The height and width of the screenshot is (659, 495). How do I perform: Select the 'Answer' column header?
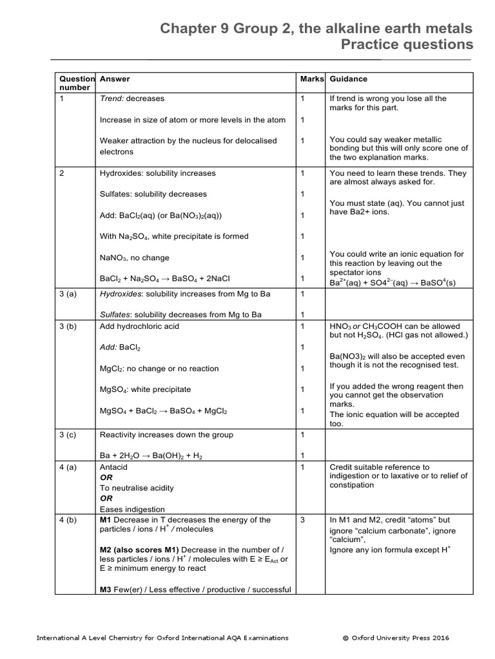pyautogui.click(x=115, y=79)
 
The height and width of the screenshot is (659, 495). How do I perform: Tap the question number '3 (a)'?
pyautogui.click(x=68, y=294)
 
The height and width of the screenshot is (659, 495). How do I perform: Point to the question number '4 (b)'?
pyautogui.click(x=68, y=519)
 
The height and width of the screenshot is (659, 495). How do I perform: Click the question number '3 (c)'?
pyautogui.click(x=68, y=434)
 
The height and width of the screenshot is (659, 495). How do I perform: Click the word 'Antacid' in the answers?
pyautogui.click(x=114, y=467)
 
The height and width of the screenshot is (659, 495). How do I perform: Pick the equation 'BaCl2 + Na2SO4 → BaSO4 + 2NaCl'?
pyautogui.click(x=165, y=279)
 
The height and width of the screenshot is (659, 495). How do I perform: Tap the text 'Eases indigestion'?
pyautogui.click(x=132, y=509)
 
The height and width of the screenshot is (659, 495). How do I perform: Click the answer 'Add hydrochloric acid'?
pyautogui.click(x=139, y=326)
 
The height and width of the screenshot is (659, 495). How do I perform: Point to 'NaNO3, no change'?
pyautogui.click(x=135, y=257)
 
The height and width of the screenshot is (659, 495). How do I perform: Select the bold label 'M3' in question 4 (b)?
pyautogui.click(x=106, y=589)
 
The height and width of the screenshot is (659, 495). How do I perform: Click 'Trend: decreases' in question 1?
pyautogui.click(x=132, y=98)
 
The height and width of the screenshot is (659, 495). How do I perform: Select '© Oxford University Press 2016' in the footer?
pyautogui.click(x=396, y=638)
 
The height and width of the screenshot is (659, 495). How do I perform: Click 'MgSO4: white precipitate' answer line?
pyautogui.click(x=145, y=389)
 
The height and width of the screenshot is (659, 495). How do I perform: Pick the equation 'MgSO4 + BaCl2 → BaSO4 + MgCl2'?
pyautogui.click(x=163, y=411)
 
